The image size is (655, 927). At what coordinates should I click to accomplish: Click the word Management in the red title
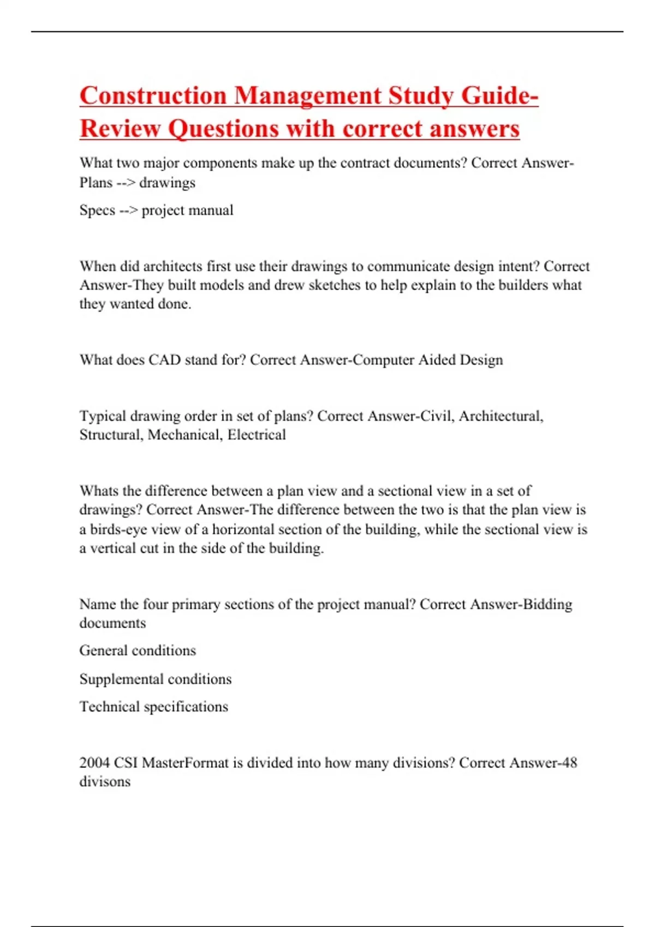click(x=307, y=96)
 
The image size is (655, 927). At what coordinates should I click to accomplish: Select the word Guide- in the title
click(x=499, y=96)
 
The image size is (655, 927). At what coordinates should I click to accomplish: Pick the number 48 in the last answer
click(x=569, y=762)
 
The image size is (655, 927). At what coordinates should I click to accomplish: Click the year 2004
click(x=94, y=762)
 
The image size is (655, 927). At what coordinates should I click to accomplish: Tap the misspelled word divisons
click(x=105, y=781)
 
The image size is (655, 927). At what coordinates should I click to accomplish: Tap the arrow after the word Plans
click(x=126, y=183)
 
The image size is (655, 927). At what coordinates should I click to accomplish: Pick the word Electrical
click(x=257, y=435)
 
